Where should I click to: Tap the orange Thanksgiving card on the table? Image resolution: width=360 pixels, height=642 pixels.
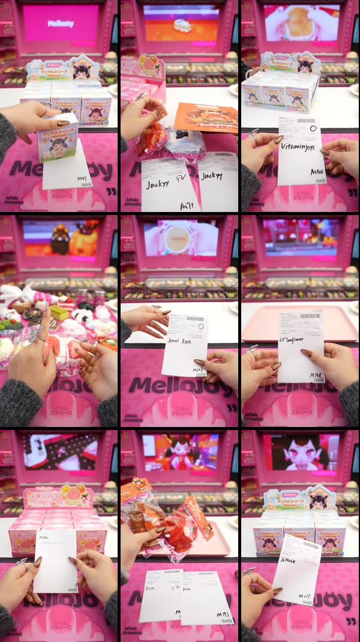point(207,117)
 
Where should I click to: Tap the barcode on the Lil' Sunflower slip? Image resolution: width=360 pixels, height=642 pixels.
point(310,315)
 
